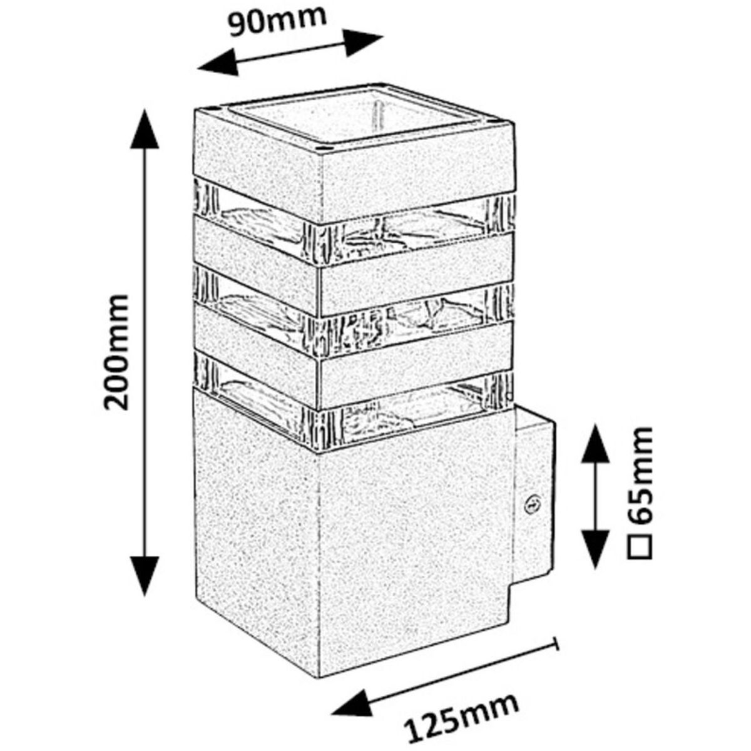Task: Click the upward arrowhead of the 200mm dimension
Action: point(145,129)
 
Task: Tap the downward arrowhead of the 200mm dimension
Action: point(145,577)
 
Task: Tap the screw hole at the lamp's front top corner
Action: point(322,148)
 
